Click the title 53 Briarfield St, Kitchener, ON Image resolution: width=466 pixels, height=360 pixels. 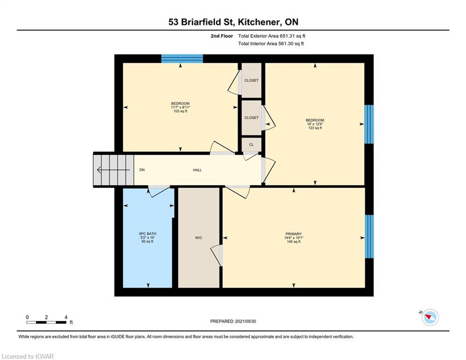tap(233, 22)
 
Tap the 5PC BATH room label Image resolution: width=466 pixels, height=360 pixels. tap(148, 233)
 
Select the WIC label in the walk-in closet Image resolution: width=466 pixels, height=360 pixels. tap(199, 238)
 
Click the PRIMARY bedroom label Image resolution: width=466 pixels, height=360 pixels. tap(294, 233)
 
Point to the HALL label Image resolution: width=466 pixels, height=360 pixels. tap(197, 170)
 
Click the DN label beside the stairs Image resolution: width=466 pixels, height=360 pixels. tap(141, 170)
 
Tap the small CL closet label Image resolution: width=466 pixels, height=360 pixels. tap(251, 144)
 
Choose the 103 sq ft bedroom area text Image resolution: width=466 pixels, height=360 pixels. tap(180, 111)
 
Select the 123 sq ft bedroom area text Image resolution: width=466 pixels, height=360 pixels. tap(315, 128)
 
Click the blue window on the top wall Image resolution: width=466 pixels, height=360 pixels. tap(182, 59)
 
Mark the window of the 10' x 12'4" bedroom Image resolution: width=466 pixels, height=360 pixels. tap(369, 124)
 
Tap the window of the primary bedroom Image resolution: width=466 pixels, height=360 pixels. tap(369, 236)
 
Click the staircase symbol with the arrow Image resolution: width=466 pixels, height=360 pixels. tap(113, 170)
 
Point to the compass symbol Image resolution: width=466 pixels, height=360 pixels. tap(429, 317)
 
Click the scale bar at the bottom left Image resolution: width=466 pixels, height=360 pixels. tap(47, 322)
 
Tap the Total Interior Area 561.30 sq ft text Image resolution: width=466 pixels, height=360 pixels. tap(271, 44)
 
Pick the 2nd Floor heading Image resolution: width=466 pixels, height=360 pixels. tap(222, 36)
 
